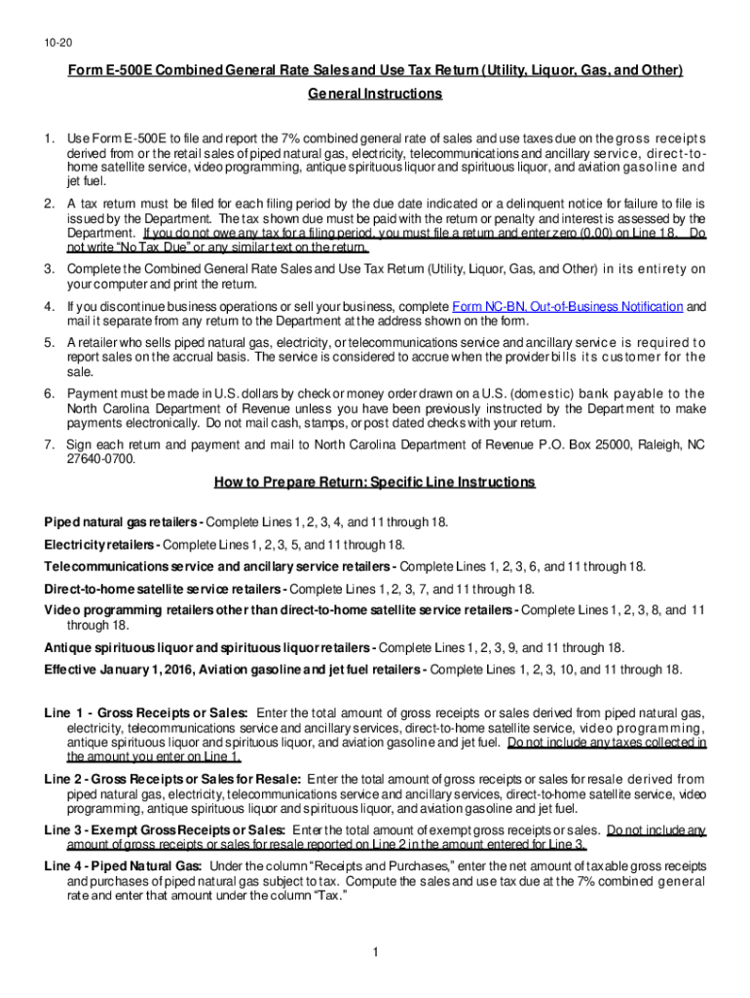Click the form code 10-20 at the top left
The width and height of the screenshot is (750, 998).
[x=56, y=44]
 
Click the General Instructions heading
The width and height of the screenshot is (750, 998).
[x=375, y=95]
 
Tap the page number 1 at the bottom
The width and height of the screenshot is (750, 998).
[x=375, y=951]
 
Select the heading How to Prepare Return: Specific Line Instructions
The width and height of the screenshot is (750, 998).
[x=375, y=482]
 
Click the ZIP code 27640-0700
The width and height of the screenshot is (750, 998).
[x=101, y=458]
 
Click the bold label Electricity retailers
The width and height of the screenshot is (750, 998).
[x=100, y=544]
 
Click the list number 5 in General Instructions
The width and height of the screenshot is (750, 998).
[x=49, y=343]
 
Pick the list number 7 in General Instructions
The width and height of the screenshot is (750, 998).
[x=49, y=444]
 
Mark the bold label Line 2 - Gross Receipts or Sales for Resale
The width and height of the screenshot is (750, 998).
[x=173, y=779]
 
